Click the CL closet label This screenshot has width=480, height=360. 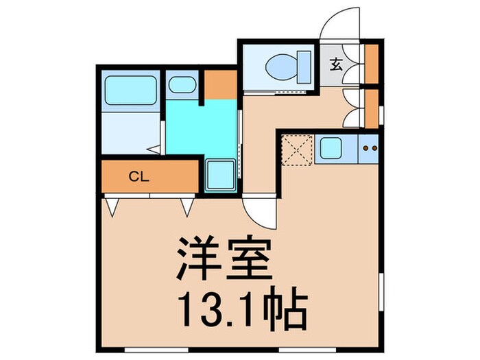pos(139,176)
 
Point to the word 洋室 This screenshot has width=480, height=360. pos(221,257)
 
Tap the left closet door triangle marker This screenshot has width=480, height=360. pos(112,205)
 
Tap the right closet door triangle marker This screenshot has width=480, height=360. pos(187,205)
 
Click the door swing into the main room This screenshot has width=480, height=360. pos(261,211)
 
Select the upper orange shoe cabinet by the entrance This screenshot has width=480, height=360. pos(372,62)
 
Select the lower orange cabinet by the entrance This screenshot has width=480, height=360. pos(372,108)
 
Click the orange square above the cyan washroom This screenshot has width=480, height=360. pos(221,84)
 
